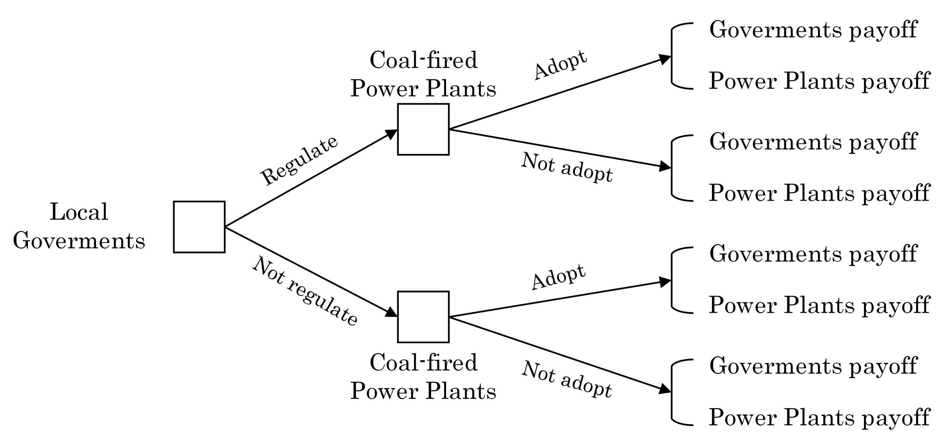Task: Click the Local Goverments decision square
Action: (x=199, y=227)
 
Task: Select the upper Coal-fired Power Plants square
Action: (x=423, y=129)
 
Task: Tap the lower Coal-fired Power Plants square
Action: (x=423, y=317)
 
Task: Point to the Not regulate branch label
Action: (x=304, y=291)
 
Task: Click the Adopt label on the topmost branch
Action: (x=560, y=65)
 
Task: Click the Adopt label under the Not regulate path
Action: (x=558, y=277)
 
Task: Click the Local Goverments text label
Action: (x=79, y=226)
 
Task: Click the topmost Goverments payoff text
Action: (x=813, y=30)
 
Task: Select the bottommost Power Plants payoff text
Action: (x=819, y=417)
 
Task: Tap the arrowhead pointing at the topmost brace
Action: (x=665, y=59)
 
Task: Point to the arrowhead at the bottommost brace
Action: (x=665, y=389)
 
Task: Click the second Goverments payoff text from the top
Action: (x=813, y=142)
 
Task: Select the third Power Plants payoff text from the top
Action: (x=819, y=305)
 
